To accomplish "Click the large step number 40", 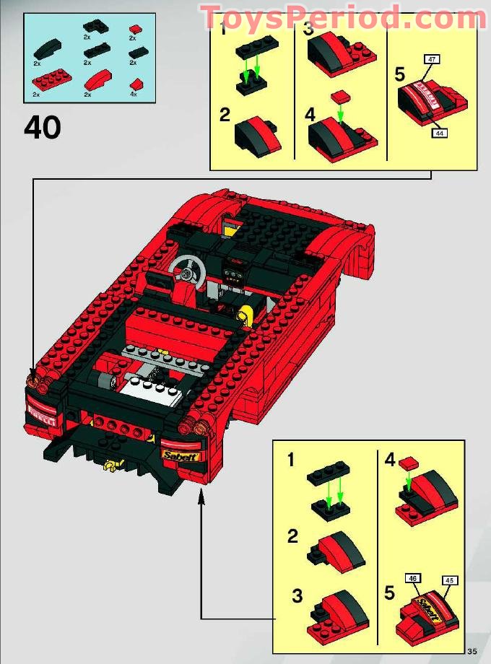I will [42, 128].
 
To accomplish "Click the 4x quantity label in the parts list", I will [133, 95].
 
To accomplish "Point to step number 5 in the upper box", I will [401, 74].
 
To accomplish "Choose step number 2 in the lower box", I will [292, 536].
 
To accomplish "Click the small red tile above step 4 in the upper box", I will [337, 97].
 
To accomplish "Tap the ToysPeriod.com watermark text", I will [343, 18].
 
